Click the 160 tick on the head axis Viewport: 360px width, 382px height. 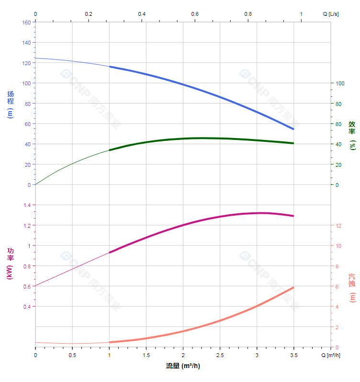click(26, 23)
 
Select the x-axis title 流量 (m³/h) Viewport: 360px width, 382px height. click(183, 366)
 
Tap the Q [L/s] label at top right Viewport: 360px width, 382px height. click(331, 14)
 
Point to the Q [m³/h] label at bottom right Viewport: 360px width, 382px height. click(331, 355)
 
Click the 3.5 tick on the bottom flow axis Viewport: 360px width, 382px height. click(293, 355)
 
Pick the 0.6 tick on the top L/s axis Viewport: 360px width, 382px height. click(195, 14)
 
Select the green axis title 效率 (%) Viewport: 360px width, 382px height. click(352, 135)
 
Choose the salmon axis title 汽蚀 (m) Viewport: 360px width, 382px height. click(352, 288)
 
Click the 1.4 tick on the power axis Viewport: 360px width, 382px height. click(26, 205)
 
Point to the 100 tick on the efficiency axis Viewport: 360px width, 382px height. click(340, 83)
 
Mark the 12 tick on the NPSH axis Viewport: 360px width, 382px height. click(338, 225)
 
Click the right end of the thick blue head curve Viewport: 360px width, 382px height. click(293, 129)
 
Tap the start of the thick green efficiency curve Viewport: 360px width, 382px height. click(110, 150)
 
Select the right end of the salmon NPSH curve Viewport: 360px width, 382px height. click(293, 287)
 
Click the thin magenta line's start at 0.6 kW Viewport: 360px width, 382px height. click(36, 286)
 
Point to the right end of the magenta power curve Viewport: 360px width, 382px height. click(293, 216)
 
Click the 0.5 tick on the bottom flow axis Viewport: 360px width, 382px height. click(72, 355)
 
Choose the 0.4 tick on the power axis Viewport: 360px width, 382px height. click(26, 307)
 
